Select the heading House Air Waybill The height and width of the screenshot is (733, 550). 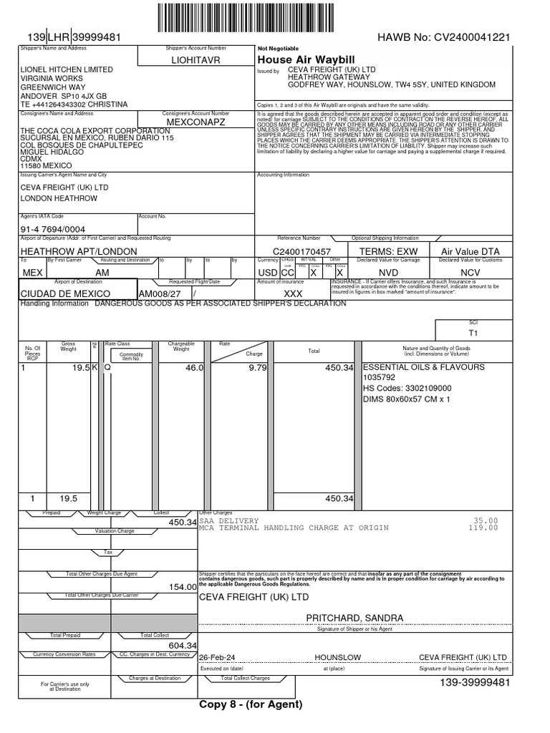point(296,59)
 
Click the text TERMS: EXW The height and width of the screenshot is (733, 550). point(387,251)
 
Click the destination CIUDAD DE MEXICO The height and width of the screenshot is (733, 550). point(64,293)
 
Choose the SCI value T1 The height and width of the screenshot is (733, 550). point(473,333)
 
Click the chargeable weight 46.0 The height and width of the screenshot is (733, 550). point(195,367)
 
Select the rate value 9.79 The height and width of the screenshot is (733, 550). point(257,367)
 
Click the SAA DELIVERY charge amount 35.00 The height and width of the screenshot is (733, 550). point(486,520)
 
